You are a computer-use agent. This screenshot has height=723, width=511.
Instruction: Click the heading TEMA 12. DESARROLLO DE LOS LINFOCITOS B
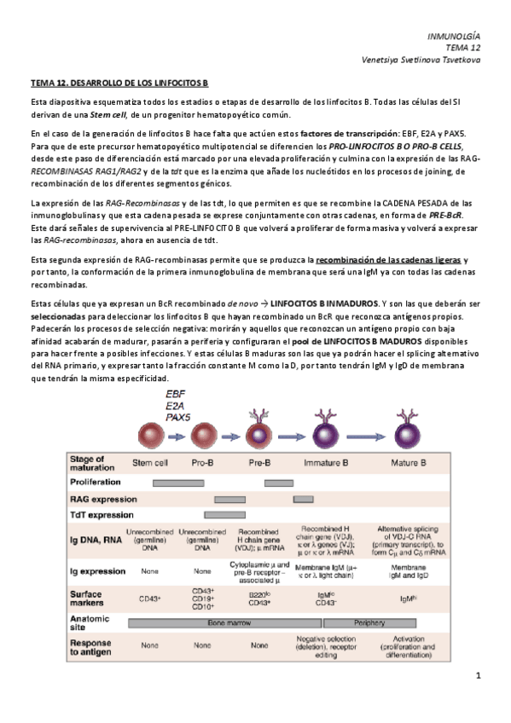click(119, 83)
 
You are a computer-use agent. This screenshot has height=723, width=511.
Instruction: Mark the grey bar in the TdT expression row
click(224, 515)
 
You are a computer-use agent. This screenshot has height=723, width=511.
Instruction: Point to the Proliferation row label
click(95, 482)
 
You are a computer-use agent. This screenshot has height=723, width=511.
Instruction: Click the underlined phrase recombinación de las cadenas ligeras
click(388, 258)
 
